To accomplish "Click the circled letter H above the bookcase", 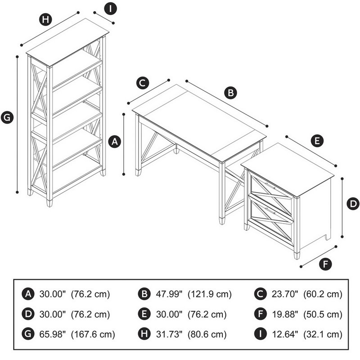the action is pos(45,19).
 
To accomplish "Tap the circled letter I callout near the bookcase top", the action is pos(110,9).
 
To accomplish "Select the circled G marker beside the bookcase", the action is pos(7,117).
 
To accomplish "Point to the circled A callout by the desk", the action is pos(115,141).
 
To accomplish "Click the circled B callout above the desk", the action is pos(230,93).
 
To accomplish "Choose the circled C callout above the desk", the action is pos(143,83).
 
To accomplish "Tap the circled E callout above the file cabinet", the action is pos(317,140).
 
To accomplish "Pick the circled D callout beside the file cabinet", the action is pos(353,204).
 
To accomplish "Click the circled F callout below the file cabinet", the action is pos(325,264).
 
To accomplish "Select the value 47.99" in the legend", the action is pos(169,294).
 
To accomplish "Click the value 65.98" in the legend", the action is pos(52,334).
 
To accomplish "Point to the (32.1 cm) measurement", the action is pos(323,334).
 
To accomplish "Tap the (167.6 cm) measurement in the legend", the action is pos(93,334).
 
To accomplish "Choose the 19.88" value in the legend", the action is pos(285,314).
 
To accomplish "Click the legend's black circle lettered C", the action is pos(261,294).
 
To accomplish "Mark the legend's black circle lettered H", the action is pos(144,334).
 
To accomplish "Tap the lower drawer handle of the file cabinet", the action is pos(270,211).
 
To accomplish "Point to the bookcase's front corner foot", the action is pos(49,203).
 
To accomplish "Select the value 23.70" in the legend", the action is pos(285,294).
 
